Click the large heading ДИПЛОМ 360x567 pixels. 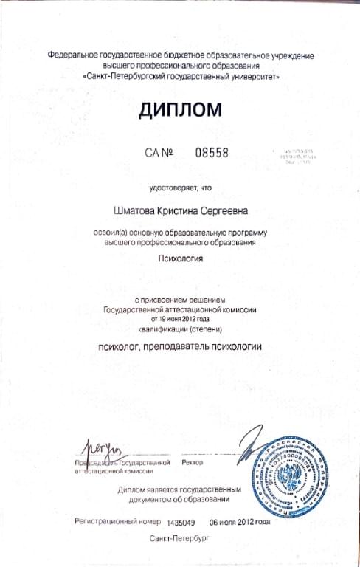[x=179, y=111]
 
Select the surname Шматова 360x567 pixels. [x=132, y=210]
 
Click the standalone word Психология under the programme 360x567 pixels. [x=180, y=258]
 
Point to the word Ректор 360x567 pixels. [x=191, y=461]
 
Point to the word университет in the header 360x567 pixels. [x=251, y=76]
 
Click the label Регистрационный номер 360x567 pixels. [x=118, y=521]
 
